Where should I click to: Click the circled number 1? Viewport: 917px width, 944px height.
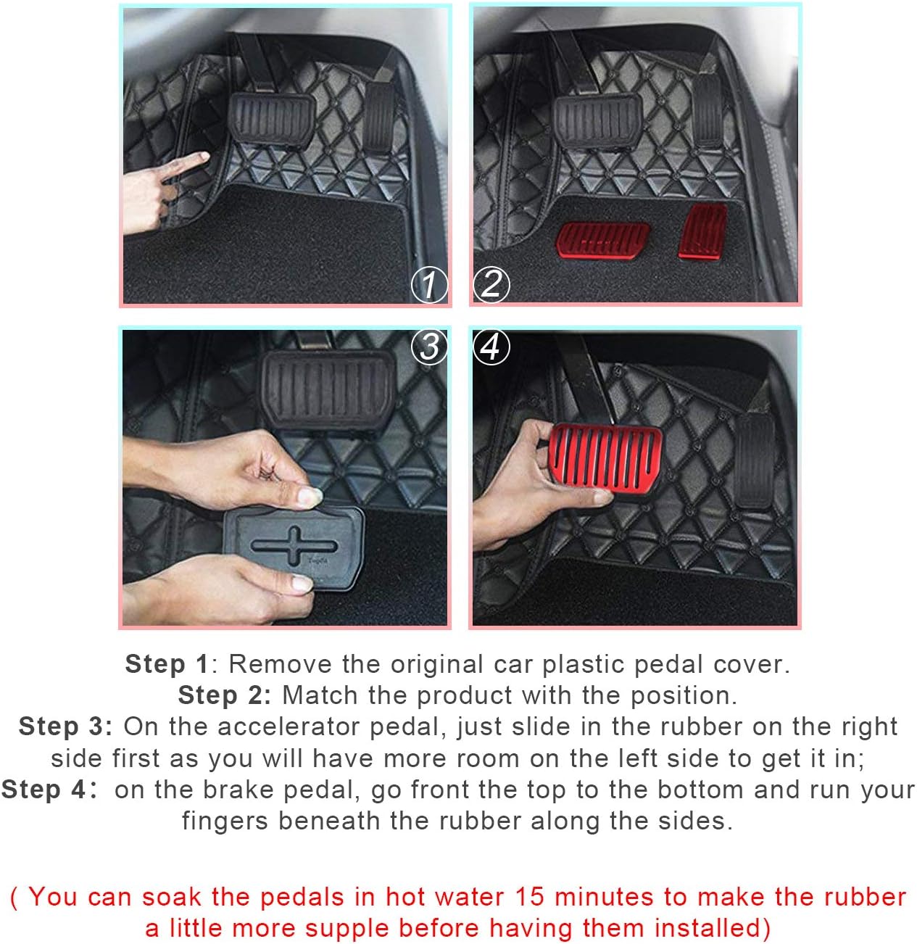click(429, 285)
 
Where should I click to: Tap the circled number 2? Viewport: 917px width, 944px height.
click(491, 285)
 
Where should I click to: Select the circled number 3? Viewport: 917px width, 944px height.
click(429, 347)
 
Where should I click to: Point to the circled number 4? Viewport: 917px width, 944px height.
click(491, 347)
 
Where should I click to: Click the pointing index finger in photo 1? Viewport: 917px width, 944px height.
click(184, 164)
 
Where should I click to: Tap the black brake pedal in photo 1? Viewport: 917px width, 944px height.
click(272, 120)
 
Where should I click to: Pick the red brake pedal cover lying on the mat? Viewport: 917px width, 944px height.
click(602, 241)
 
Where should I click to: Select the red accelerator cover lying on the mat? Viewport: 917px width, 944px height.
click(702, 231)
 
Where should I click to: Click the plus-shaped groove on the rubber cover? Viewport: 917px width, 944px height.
click(294, 546)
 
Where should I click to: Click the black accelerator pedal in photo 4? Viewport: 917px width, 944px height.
click(755, 462)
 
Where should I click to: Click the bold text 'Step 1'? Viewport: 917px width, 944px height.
click(167, 664)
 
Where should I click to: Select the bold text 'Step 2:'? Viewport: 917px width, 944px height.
click(225, 695)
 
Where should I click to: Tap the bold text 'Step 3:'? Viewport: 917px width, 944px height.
click(65, 726)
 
